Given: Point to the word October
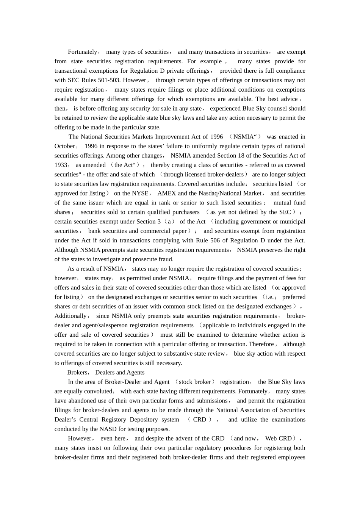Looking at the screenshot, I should (x=65, y=146).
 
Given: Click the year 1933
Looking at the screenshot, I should (x=61, y=165).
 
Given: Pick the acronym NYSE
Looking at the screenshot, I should (x=140, y=194).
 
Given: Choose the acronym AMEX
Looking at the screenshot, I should (x=167, y=194).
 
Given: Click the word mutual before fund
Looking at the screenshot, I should (x=282, y=203).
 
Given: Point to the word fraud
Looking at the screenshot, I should (x=166, y=259).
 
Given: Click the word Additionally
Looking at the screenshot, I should (x=70, y=316).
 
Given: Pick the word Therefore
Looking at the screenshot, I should (x=261, y=344).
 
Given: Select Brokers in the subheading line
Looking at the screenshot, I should (x=77, y=373).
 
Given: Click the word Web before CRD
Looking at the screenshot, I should (x=271, y=439).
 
